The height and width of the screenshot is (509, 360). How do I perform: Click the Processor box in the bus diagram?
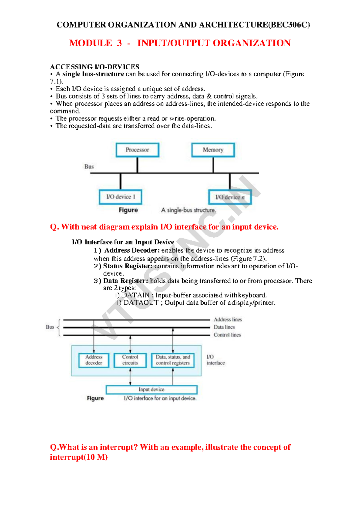point(137,150)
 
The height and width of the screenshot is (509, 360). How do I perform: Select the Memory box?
point(213,150)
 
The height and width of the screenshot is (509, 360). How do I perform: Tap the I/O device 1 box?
point(121,197)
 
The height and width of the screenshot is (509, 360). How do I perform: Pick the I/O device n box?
point(230,197)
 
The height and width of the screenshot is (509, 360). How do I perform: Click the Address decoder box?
point(94,360)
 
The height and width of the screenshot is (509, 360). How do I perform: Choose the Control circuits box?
point(130,360)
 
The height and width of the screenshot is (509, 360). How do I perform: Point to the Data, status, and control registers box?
point(173,360)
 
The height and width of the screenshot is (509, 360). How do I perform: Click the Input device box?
point(151,390)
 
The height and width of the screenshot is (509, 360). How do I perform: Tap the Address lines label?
point(228,320)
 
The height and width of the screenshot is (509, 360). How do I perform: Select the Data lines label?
point(224,327)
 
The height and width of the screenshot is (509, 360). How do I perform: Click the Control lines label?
point(227,335)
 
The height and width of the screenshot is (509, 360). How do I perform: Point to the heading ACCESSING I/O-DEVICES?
point(94,67)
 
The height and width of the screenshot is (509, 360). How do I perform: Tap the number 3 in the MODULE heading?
point(119,43)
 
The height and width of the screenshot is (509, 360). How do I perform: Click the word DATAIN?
point(136,295)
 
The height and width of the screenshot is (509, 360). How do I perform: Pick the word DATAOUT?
point(141,303)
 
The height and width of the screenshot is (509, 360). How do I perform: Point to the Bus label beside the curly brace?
point(50,327)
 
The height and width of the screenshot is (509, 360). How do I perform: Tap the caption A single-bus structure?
point(188,210)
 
